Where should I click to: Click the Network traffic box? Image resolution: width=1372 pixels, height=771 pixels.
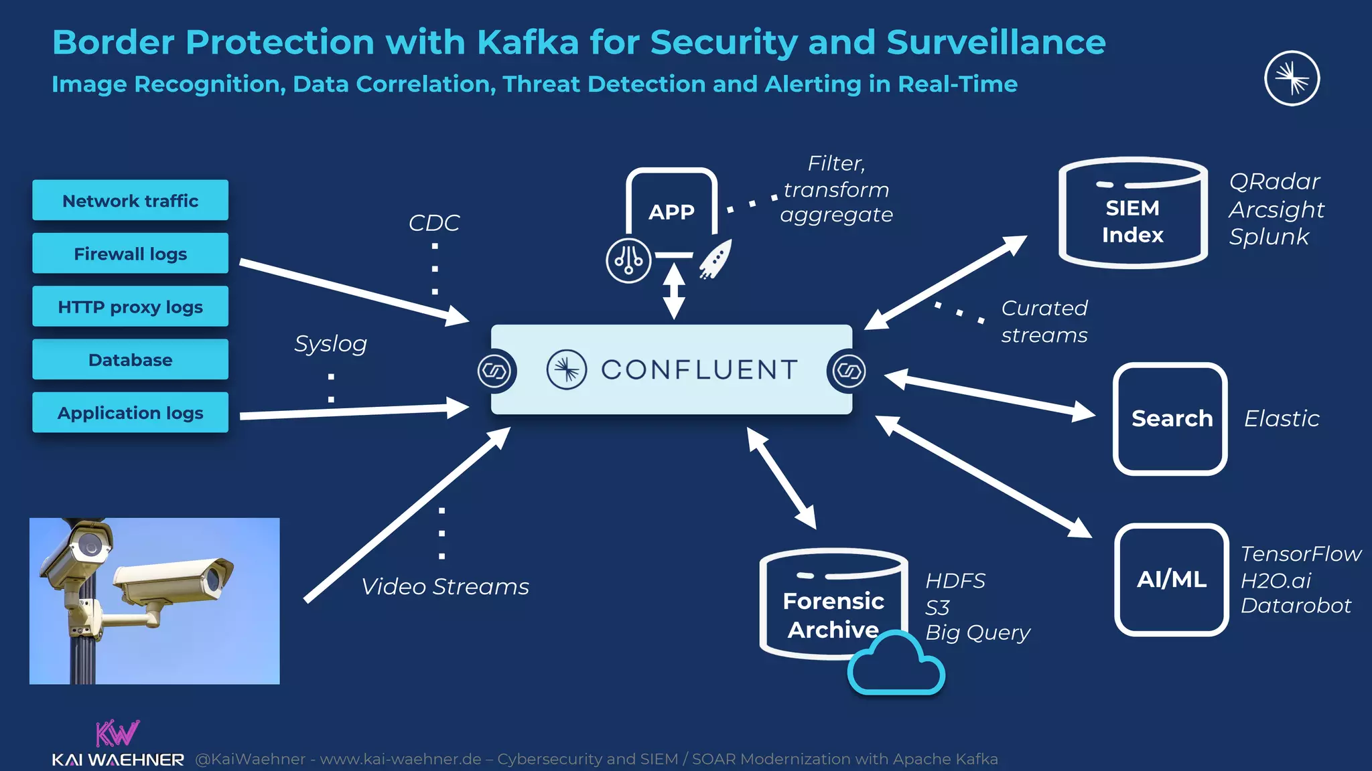click(x=130, y=200)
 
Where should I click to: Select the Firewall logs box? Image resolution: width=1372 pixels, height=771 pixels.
click(x=130, y=253)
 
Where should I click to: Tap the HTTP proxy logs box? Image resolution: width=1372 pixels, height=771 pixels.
click(x=130, y=307)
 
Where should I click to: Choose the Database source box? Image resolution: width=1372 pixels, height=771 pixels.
click(x=130, y=359)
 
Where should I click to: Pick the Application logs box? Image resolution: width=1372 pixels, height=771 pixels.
click(x=130, y=412)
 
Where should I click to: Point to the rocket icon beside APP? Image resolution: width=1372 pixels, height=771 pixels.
click(x=716, y=260)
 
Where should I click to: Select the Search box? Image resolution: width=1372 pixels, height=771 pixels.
click(x=1170, y=418)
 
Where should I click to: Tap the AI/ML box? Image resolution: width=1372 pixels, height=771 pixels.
click(x=1171, y=579)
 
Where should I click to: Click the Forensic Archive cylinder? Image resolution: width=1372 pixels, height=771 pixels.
click(x=833, y=606)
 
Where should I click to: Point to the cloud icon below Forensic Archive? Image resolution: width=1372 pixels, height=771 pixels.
click(x=896, y=665)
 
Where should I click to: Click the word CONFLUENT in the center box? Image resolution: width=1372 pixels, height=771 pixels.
click(x=699, y=369)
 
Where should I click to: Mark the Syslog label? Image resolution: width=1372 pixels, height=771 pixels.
click(x=331, y=344)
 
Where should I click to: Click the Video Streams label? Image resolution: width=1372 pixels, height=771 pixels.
click(x=445, y=586)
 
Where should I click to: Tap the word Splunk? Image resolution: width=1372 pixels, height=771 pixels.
click(x=1268, y=236)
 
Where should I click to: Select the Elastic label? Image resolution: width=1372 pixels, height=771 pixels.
click(x=1281, y=418)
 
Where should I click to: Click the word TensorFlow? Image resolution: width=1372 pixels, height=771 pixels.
click(x=1300, y=553)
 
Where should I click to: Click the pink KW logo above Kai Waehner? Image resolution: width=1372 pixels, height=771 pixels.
click(x=117, y=733)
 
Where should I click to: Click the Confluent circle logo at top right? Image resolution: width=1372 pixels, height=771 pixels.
click(x=1292, y=78)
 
